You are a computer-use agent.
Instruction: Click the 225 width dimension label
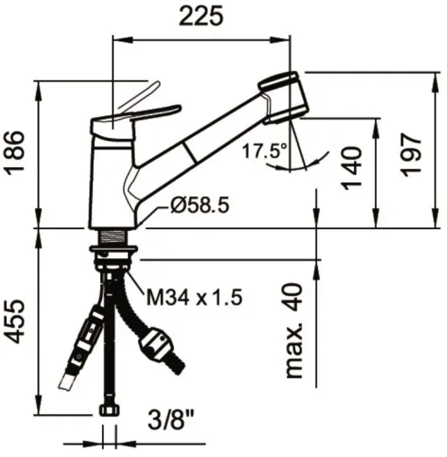pyautogui.click(x=201, y=16)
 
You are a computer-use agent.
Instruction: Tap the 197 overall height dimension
pyautogui.click(x=411, y=155)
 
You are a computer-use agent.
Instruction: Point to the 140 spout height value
pyautogui.click(x=351, y=168)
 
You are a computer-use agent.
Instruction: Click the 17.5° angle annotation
pyautogui.click(x=265, y=151)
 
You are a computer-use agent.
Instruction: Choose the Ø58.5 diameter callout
pyautogui.click(x=199, y=205)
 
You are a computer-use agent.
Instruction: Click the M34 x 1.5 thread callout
pyautogui.click(x=195, y=298)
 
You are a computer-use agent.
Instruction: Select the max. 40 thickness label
pyautogui.click(x=294, y=330)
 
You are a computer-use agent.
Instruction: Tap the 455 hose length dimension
pyautogui.click(x=15, y=322)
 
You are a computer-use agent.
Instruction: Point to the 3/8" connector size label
pyautogui.click(x=171, y=419)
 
